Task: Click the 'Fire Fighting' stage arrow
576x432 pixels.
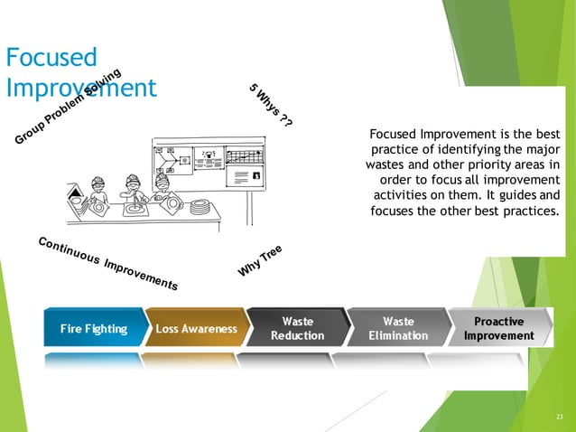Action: [x=93, y=329]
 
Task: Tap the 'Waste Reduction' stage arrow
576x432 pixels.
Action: [x=297, y=328]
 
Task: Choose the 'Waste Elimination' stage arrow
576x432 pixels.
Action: [x=398, y=328]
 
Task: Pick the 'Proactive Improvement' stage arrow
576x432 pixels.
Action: [x=498, y=328]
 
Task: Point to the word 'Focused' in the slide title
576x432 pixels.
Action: [x=51, y=59]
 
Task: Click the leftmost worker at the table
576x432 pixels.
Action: [x=100, y=191]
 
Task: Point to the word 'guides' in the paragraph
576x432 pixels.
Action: [x=517, y=195]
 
